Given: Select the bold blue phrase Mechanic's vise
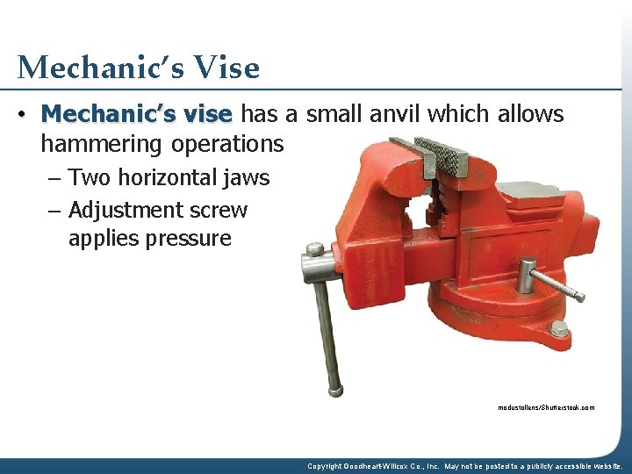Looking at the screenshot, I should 136,114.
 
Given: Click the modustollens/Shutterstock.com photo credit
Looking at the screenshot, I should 545,407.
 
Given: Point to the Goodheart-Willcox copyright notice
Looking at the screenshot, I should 464,466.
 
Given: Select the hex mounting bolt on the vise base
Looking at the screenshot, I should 558,329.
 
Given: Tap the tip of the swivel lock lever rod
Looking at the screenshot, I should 578,296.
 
